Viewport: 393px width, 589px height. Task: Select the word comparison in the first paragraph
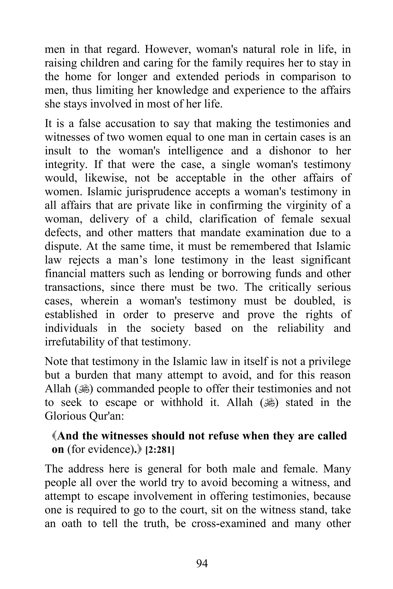pyautogui.click(x=308, y=77)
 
